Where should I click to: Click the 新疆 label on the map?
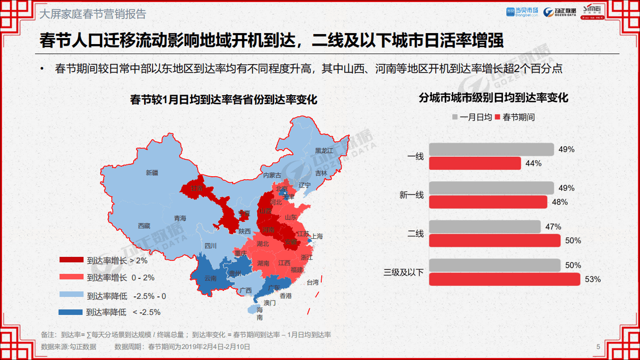pyautogui.click(x=152, y=173)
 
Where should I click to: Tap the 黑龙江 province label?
pyautogui.click(x=324, y=150)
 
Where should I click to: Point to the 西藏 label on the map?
pyautogui.click(x=144, y=226)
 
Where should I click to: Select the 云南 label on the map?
pyautogui.click(x=211, y=278)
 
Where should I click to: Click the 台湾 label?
pyautogui.click(x=312, y=282)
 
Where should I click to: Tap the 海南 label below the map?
pyautogui.click(x=260, y=313)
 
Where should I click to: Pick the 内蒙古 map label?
pyautogui.click(x=272, y=175)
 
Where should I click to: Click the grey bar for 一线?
pyautogui.click(x=491, y=150)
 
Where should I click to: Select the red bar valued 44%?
pyautogui.click(x=475, y=163)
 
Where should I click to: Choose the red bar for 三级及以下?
pyautogui.click(x=504, y=279)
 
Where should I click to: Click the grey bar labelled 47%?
pyautogui.click(x=484, y=227)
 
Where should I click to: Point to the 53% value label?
pyautogui.click(x=592, y=279)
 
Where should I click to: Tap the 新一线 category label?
pyautogui.click(x=411, y=195)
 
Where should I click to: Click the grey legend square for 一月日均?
pyautogui.click(x=455, y=117)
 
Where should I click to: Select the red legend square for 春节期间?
pyautogui.click(x=497, y=117)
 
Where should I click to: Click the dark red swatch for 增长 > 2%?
pyautogui.click(x=71, y=260)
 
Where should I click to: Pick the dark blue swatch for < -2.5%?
pyautogui.click(x=71, y=312)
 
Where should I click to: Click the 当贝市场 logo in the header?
pyautogui.click(x=522, y=11)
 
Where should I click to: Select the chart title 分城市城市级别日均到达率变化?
pyautogui.click(x=493, y=98)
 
